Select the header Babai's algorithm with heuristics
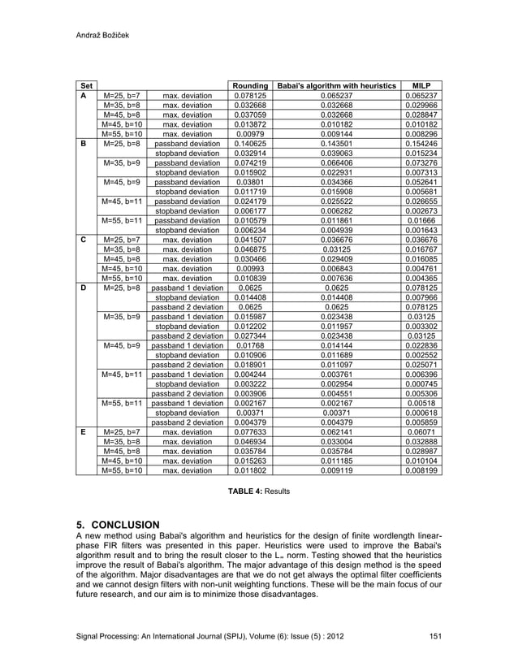(x=336, y=86)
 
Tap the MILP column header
(x=421, y=86)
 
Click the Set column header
(x=86, y=86)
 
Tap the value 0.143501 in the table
(x=336, y=144)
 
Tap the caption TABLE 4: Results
(x=258, y=491)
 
